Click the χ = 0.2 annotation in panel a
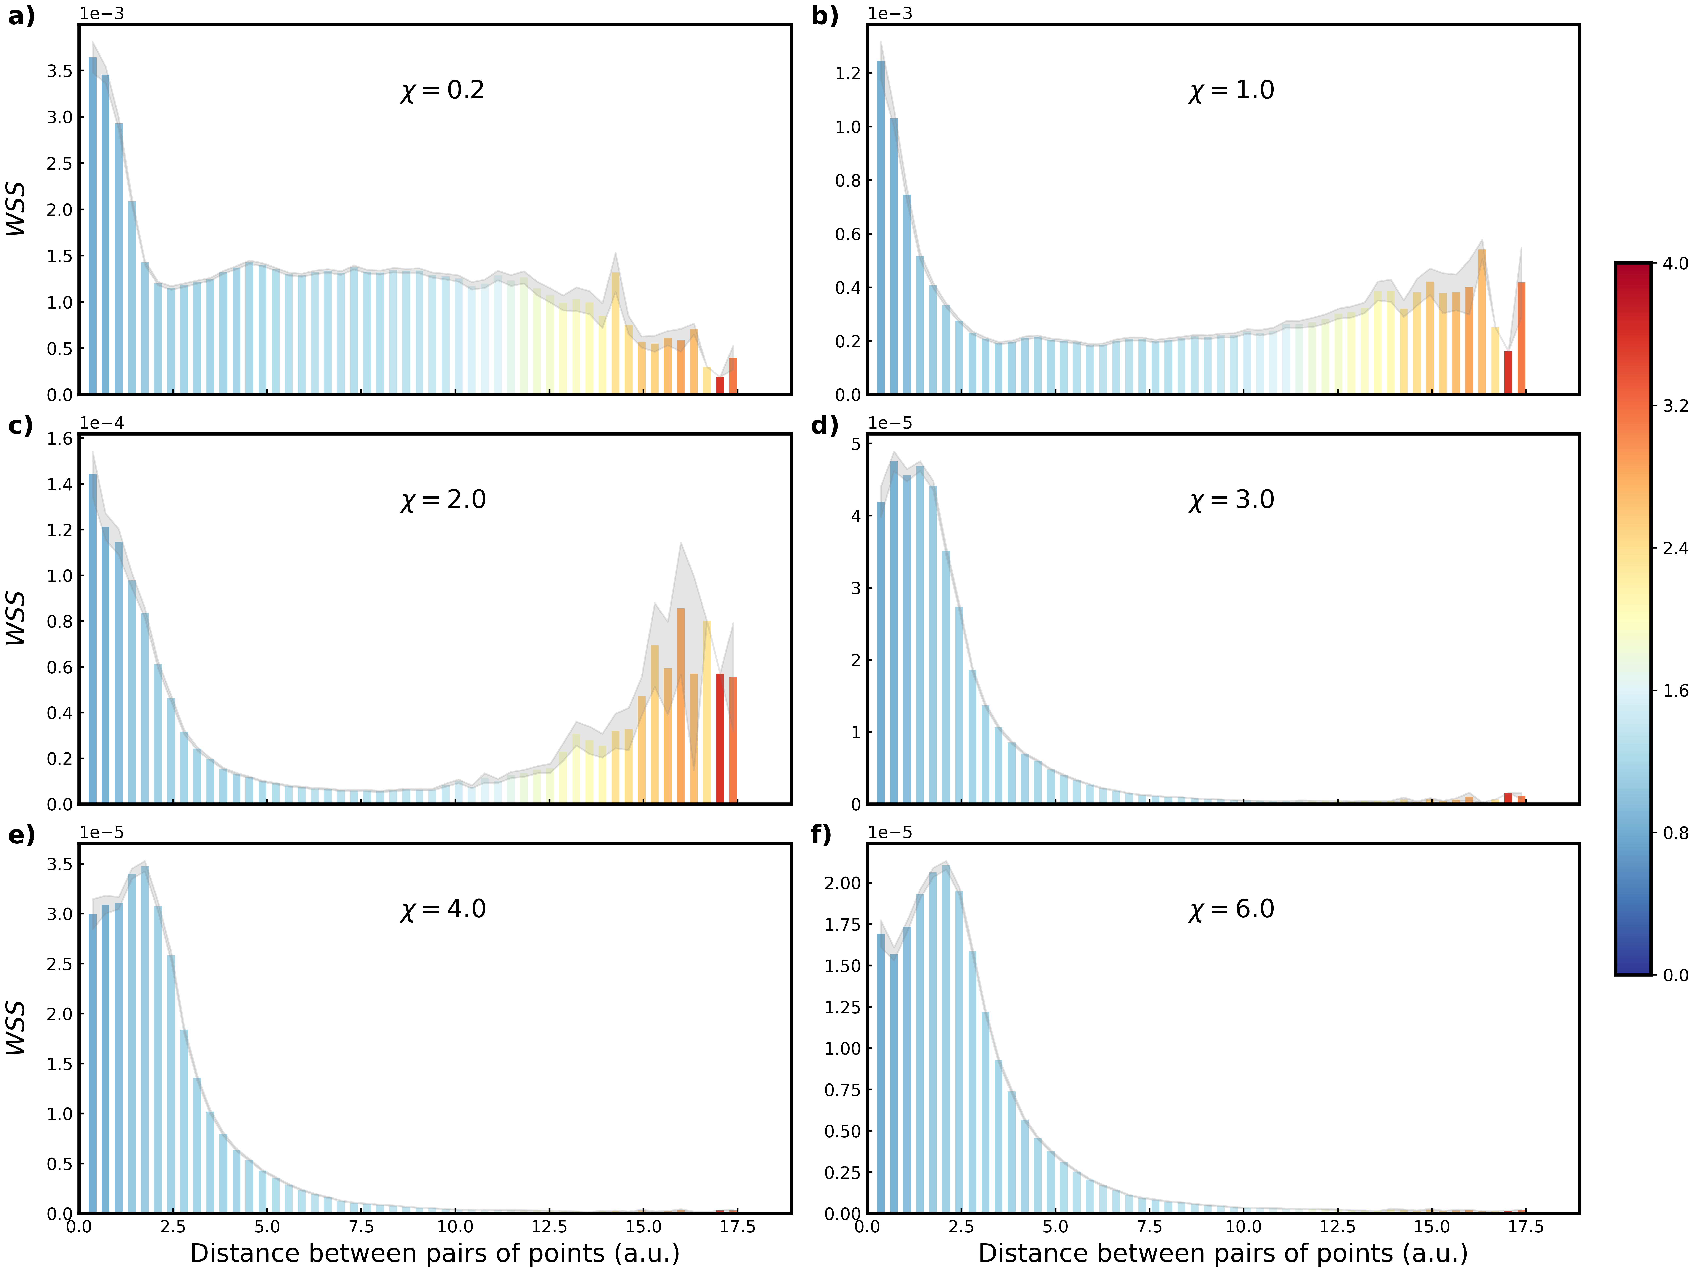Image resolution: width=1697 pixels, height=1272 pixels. click(x=443, y=90)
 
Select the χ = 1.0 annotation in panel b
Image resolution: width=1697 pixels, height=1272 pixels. click(x=1231, y=90)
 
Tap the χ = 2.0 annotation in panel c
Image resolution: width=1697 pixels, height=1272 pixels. click(x=443, y=500)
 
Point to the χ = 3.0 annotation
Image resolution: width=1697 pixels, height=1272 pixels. click(x=1231, y=500)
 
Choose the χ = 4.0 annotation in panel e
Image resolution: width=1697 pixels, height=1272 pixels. click(x=443, y=909)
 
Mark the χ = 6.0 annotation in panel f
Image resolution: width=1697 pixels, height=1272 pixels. click(x=1231, y=909)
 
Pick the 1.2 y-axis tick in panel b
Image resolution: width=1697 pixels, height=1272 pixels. click(x=848, y=74)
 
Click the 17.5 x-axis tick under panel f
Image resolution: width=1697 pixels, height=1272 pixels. click(x=1525, y=1227)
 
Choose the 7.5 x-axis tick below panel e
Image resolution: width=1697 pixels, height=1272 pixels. click(x=361, y=1227)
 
